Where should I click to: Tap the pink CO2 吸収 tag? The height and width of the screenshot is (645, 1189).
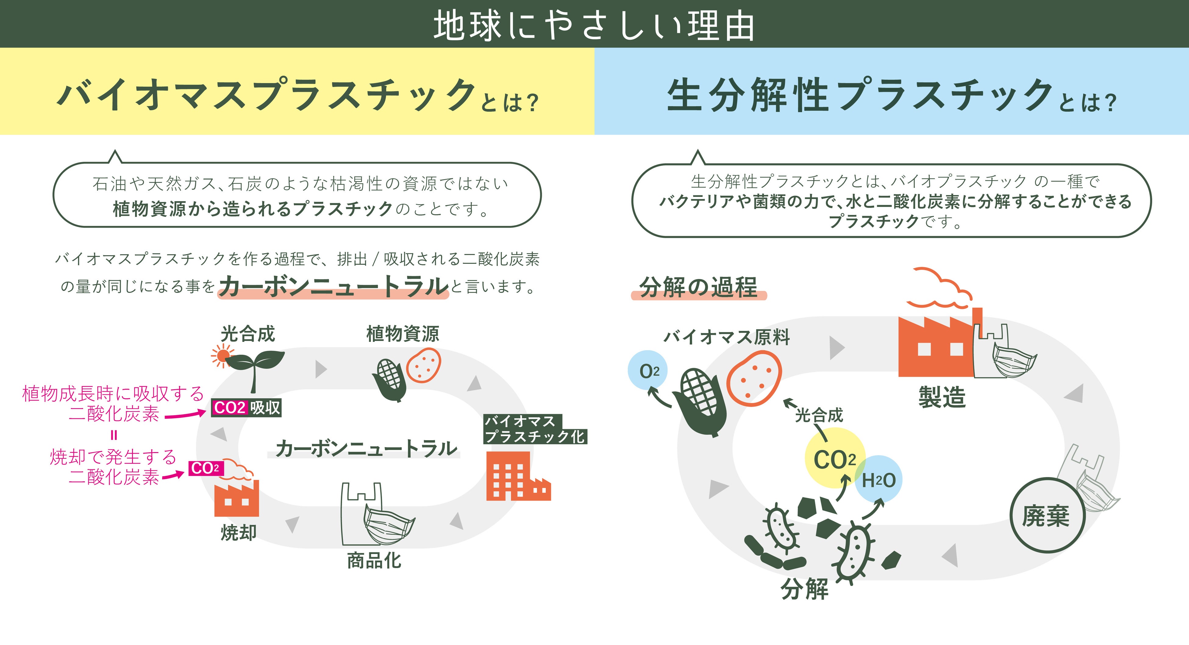(246, 408)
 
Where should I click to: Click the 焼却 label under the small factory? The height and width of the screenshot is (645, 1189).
(238, 532)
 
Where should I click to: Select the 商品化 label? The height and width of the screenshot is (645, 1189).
(374, 560)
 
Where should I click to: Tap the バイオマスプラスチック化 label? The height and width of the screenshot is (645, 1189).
(534, 429)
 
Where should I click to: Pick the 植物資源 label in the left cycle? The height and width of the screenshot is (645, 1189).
(402, 334)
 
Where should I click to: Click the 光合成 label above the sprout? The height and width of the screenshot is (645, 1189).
(248, 334)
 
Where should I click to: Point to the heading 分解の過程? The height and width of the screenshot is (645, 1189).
(698, 287)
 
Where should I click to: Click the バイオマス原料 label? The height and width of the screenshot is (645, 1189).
(727, 337)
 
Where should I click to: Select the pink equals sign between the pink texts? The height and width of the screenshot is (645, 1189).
(114, 435)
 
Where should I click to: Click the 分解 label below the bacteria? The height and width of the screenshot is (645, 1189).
(804, 589)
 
